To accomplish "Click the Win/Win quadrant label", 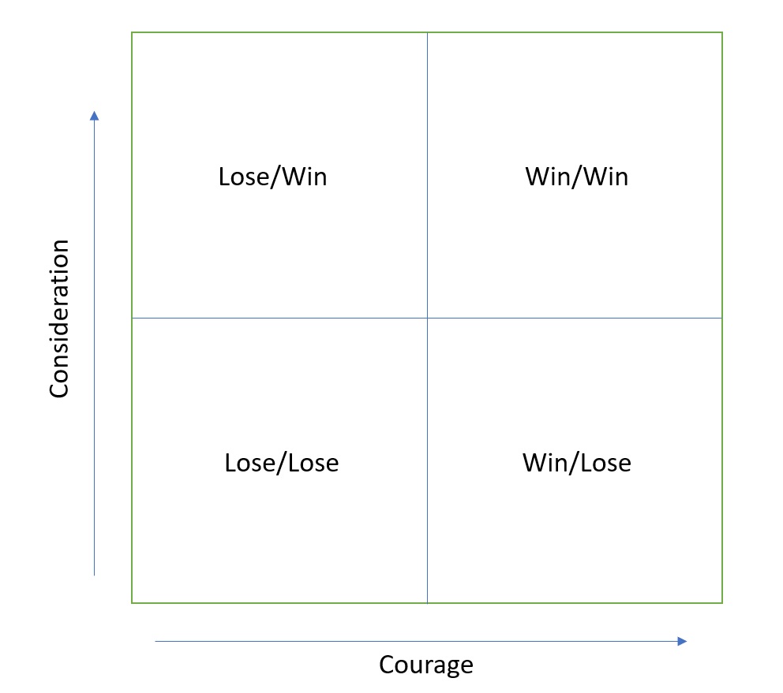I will [x=577, y=177].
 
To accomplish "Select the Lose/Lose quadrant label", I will [x=282, y=463].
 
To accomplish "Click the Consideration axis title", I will [x=60, y=319].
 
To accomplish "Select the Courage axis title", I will [x=426, y=665].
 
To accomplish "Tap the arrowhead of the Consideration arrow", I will [x=95, y=115].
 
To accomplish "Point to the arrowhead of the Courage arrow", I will [x=683, y=641].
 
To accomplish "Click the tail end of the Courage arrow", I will [x=156, y=641].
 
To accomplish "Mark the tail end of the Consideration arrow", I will [x=95, y=575].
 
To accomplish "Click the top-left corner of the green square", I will [x=132, y=32].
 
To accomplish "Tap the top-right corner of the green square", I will [x=722, y=32].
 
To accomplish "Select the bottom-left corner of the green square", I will [x=132, y=603].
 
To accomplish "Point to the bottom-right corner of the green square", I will [x=722, y=603].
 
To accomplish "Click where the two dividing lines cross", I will [x=427, y=318].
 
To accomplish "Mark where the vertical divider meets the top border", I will [x=427, y=32].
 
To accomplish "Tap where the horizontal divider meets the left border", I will [x=132, y=318].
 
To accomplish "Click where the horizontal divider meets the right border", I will [x=722, y=318].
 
